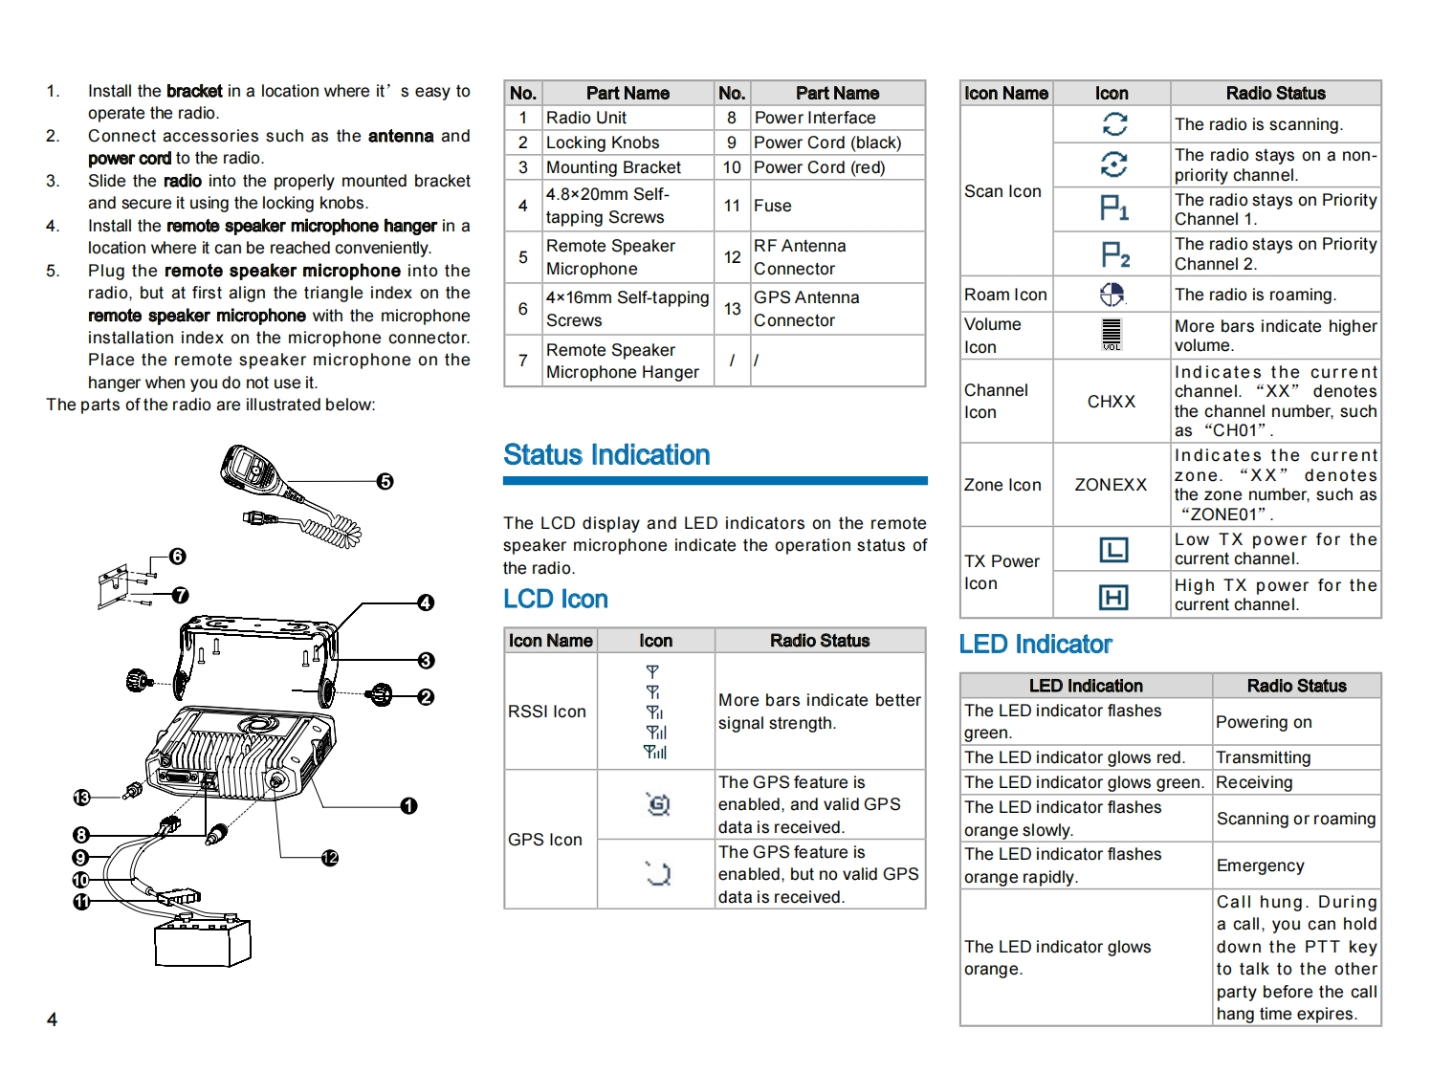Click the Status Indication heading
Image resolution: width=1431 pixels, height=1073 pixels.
point(606,455)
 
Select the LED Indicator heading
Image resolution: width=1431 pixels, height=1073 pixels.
point(1035,645)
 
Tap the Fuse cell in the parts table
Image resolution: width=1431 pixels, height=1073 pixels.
point(772,206)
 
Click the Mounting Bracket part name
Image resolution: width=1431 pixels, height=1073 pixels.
point(613,167)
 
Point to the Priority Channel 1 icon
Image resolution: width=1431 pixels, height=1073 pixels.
point(1113,208)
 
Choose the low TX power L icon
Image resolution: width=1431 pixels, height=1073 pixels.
point(1113,550)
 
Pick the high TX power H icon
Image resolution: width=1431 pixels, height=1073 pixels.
point(1113,597)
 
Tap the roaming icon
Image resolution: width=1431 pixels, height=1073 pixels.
point(1112,295)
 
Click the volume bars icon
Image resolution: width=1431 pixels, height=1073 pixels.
point(1112,334)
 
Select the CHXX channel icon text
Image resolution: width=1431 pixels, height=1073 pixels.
point(1112,402)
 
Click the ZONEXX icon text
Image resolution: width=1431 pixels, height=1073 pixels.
point(1111,485)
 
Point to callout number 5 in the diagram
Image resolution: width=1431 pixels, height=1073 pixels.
point(385,481)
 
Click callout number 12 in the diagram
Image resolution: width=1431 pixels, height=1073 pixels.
point(330,858)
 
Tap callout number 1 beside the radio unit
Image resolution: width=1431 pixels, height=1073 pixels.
point(409,806)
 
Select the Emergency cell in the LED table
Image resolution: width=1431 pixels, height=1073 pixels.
point(1260,865)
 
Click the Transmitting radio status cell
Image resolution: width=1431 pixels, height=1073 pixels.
point(1263,757)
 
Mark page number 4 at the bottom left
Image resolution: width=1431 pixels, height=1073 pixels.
point(52,1019)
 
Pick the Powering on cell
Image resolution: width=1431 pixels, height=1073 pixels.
point(1264,722)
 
